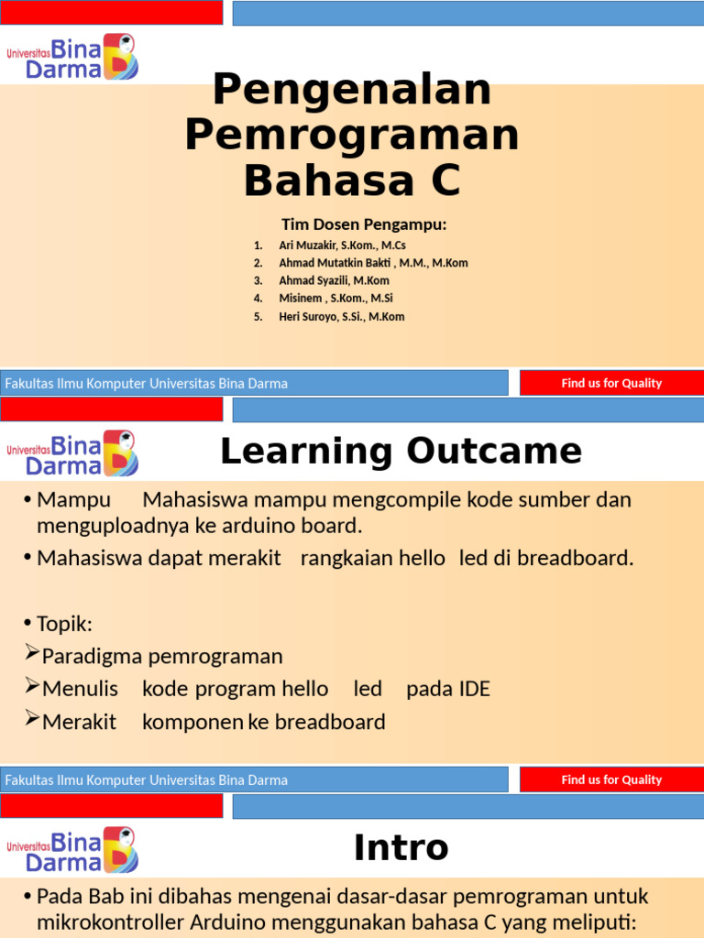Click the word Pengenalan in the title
click(x=352, y=91)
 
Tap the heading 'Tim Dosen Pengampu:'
click(x=364, y=224)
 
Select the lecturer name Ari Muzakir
click(x=309, y=245)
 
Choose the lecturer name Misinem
click(x=302, y=299)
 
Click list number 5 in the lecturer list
click(x=258, y=317)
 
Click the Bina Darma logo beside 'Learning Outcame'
click(x=72, y=453)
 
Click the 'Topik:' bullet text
click(x=64, y=625)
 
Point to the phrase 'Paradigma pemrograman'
click(x=162, y=657)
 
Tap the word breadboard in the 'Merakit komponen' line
click(x=330, y=722)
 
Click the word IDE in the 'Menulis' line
click(x=473, y=689)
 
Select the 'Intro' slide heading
click(x=401, y=848)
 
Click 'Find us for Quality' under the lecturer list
click(x=610, y=383)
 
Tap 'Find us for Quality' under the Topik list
click(x=610, y=780)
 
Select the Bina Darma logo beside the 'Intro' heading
click(x=72, y=849)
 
